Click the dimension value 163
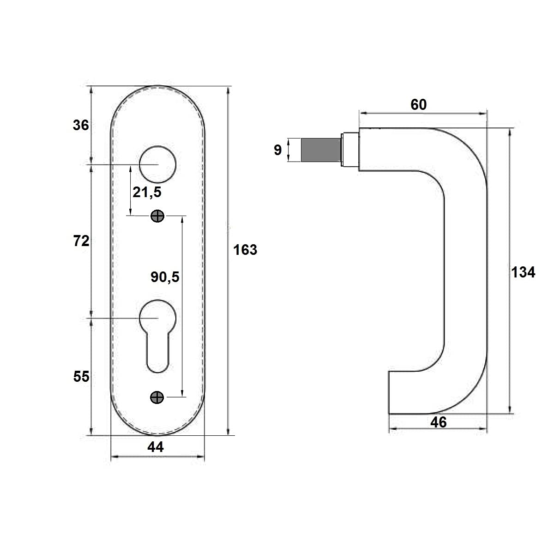(245, 250)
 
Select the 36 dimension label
(81, 125)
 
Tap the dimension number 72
(81, 241)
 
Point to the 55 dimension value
(81, 376)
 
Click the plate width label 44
(156, 447)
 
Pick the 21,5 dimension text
(147, 192)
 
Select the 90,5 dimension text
(165, 277)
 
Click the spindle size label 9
(277, 150)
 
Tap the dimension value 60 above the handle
(419, 105)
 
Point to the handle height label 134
(523, 272)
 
